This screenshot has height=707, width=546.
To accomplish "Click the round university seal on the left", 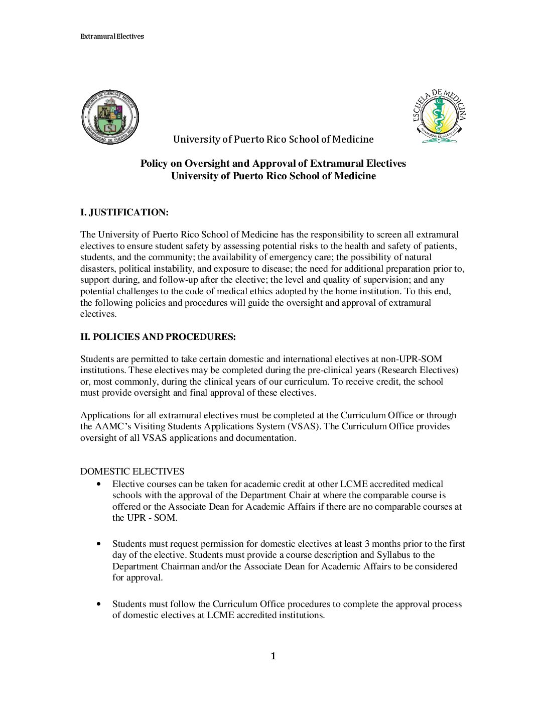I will click(x=110, y=117).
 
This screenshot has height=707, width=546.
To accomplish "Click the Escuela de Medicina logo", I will click(x=439, y=116).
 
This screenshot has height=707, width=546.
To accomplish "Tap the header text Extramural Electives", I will click(x=112, y=36).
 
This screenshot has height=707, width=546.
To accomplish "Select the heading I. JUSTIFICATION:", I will click(x=124, y=212).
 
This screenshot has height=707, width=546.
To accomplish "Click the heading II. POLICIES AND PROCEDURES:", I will click(x=158, y=337).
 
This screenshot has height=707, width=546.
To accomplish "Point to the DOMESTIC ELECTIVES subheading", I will click(x=132, y=472).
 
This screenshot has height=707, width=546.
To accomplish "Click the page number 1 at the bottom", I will click(x=273, y=656).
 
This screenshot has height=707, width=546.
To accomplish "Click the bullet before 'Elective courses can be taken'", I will click(x=98, y=484).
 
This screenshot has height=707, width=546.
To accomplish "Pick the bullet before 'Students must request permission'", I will click(x=98, y=544).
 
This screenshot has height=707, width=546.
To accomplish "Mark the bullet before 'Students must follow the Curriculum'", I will click(x=98, y=604).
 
